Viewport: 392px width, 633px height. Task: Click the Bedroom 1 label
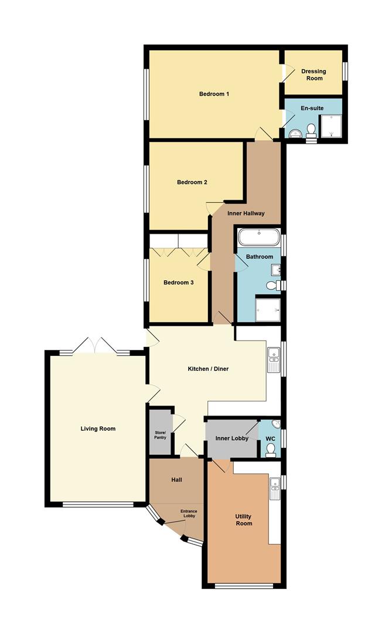(214, 94)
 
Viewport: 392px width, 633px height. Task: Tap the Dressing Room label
(313, 75)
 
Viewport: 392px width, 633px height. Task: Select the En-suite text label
(312, 108)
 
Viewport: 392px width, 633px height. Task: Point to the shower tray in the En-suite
(332, 125)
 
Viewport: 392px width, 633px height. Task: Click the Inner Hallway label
(246, 213)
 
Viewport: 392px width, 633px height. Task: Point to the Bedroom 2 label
(192, 182)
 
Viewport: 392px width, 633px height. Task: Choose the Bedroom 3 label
(178, 283)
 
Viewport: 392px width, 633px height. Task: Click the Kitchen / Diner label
(208, 369)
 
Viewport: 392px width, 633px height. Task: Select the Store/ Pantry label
(160, 434)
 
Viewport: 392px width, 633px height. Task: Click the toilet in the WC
(270, 449)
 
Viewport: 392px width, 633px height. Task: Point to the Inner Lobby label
(232, 438)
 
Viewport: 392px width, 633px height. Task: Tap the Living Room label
(98, 428)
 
